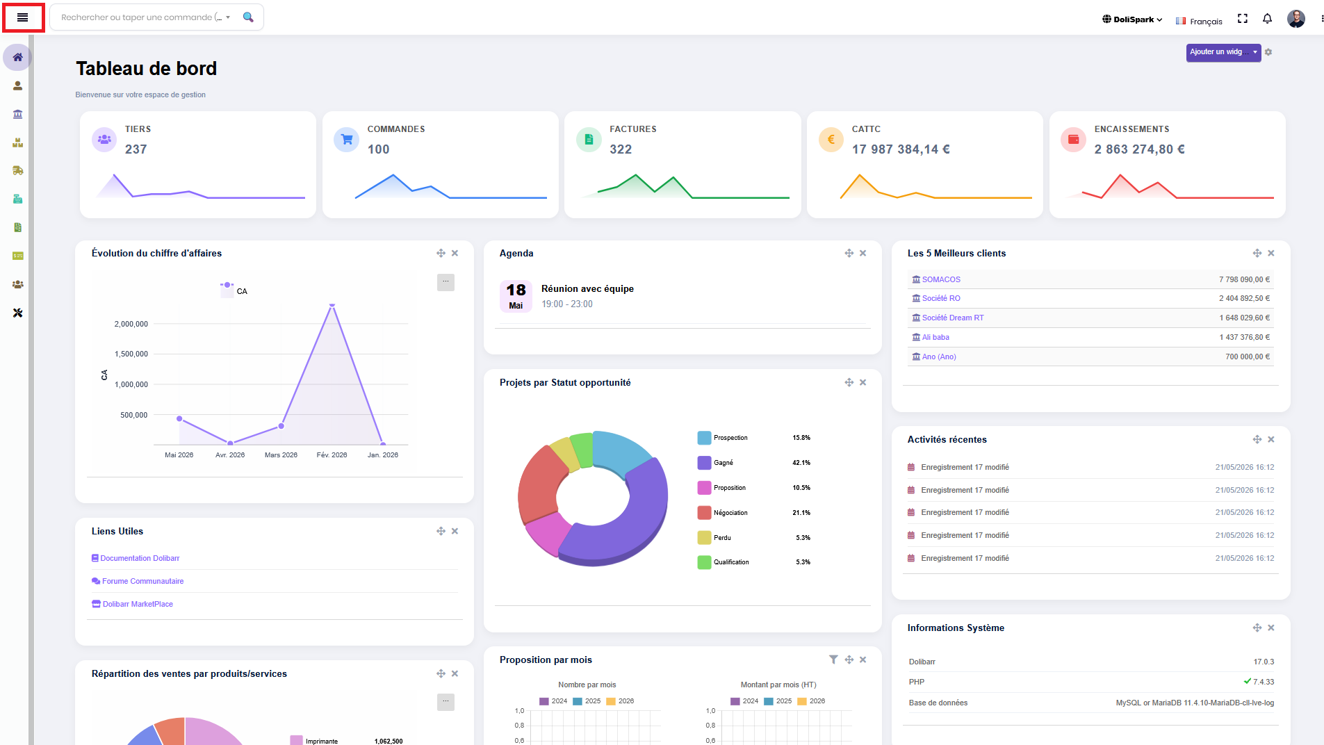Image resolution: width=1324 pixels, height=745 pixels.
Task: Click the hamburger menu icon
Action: (23, 17)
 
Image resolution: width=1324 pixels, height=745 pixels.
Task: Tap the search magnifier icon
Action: (248, 17)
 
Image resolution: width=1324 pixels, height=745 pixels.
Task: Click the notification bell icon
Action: (1267, 19)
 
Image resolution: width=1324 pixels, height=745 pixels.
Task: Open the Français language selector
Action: (1199, 21)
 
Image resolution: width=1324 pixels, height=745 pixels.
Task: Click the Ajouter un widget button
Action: (1223, 52)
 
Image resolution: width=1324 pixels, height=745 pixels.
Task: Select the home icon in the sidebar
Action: (17, 57)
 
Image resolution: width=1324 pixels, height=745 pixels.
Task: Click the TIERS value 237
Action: (136, 149)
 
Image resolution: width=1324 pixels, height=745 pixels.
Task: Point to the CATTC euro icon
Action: (831, 140)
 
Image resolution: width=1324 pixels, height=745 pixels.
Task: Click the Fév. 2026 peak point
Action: (332, 304)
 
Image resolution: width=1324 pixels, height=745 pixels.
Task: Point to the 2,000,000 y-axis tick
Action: (131, 324)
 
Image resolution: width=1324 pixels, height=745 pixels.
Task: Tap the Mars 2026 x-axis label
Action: (281, 455)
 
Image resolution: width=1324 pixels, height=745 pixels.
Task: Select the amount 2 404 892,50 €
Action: (1244, 298)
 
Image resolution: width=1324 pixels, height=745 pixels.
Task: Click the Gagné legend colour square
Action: (704, 463)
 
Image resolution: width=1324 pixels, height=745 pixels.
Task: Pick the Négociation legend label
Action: (730, 513)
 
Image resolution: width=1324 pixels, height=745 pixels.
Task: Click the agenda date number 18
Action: (516, 290)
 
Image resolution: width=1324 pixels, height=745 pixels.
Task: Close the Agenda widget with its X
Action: (863, 254)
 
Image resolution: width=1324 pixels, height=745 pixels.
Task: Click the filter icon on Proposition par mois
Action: (833, 660)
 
